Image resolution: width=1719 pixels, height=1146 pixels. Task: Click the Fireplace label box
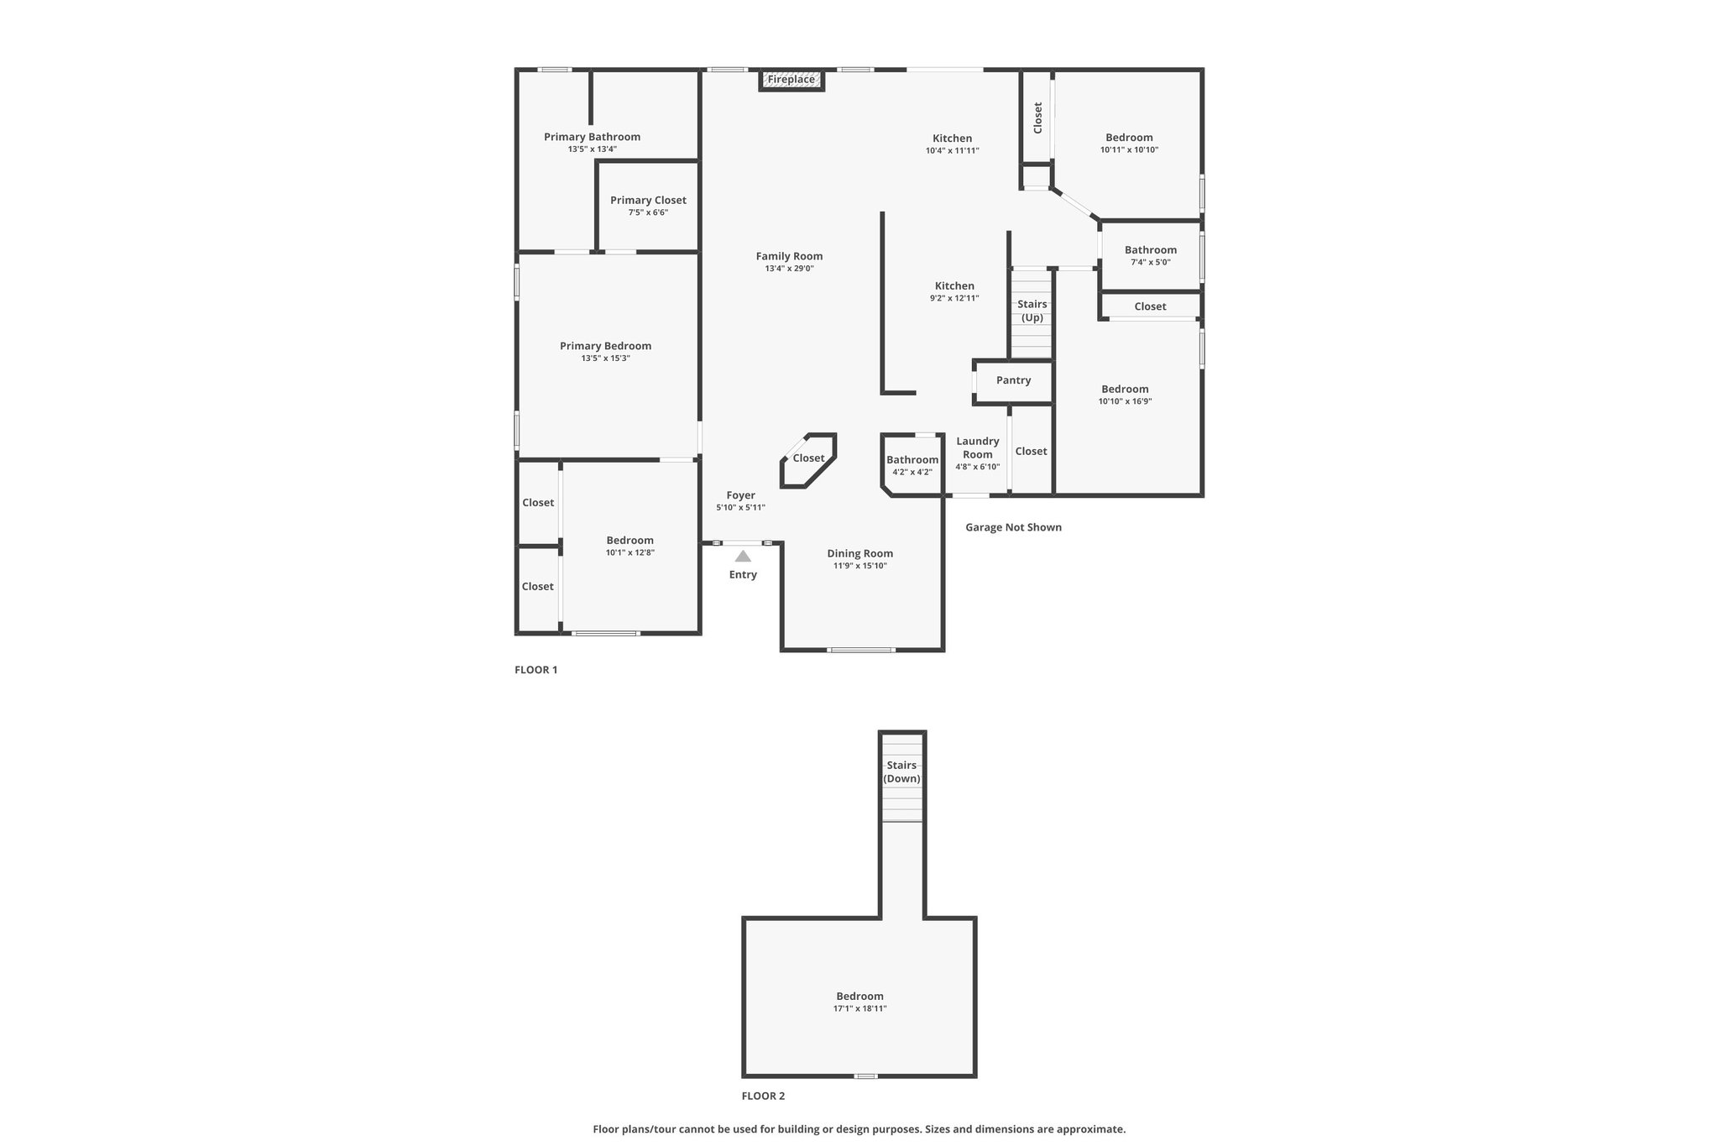click(x=792, y=80)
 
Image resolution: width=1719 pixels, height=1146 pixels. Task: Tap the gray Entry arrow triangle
click(x=743, y=556)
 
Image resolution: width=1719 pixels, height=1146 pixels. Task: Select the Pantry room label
click(x=1013, y=380)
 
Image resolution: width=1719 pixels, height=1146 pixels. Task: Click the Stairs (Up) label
click(x=1032, y=311)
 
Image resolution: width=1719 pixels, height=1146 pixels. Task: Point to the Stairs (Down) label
click(x=901, y=772)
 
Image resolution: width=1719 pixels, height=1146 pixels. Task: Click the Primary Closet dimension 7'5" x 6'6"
click(x=648, y=212)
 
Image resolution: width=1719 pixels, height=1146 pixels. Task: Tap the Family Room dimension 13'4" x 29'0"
click(x=789, y=269)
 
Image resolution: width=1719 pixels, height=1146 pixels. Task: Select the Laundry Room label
click(x=978, y=447)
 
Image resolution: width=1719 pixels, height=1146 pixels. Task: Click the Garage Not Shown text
click(x=1013, y=527)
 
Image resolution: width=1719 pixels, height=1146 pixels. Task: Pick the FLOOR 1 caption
click(x=536, y=670)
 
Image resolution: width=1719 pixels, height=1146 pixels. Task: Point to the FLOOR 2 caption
click(x=763, y=1096)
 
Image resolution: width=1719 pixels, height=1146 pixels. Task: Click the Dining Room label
click(x=859, y=553)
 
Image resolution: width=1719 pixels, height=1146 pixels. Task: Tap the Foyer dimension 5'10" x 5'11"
click(x=740, y=507)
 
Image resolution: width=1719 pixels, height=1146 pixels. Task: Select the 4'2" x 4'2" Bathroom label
click(x=912, y=459)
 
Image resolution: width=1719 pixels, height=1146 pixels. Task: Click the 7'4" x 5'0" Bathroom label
click(x=1151, y=249)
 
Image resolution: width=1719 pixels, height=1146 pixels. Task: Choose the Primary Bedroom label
click(x=605, y=346)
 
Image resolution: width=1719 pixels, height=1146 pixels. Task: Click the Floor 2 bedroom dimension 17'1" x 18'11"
click(x=859, y=1008)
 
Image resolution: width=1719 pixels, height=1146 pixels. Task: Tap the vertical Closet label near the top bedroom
click(x=1037, y=118)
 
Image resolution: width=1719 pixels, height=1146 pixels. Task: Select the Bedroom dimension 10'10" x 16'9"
click(x=1125, y=401)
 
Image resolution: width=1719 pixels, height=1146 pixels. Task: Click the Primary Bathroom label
click(x=592, y=137)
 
